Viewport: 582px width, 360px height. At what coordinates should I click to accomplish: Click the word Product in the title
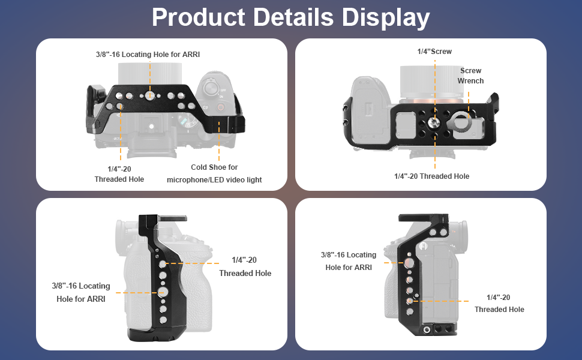click(198, 17)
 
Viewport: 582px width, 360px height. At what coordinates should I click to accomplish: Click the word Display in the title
click(386, 18)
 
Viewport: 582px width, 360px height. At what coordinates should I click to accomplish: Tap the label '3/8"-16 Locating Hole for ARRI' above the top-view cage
click(148, 55)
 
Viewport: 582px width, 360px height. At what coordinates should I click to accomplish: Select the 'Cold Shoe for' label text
click(214, 167)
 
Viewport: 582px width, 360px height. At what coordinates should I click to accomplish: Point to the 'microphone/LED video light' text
click(214, 180)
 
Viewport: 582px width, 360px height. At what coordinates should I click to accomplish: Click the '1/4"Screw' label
click(434, 52)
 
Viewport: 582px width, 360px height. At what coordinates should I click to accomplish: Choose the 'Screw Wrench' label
click(470, 76)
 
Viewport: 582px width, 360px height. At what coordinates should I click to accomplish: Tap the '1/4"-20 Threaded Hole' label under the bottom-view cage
click(431, 176)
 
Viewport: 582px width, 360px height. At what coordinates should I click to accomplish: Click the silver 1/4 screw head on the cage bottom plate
click(432, 122)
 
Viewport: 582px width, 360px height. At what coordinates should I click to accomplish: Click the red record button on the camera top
click(220, 107)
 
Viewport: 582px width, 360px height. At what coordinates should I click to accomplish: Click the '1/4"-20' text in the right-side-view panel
click(498, 298)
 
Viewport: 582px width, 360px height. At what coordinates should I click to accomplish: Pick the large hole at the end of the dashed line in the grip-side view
click(162, 292)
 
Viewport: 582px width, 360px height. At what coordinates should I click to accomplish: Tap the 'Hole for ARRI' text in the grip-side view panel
click(81, 299)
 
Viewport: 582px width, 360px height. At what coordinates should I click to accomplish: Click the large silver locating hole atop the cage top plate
click(149, 95)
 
